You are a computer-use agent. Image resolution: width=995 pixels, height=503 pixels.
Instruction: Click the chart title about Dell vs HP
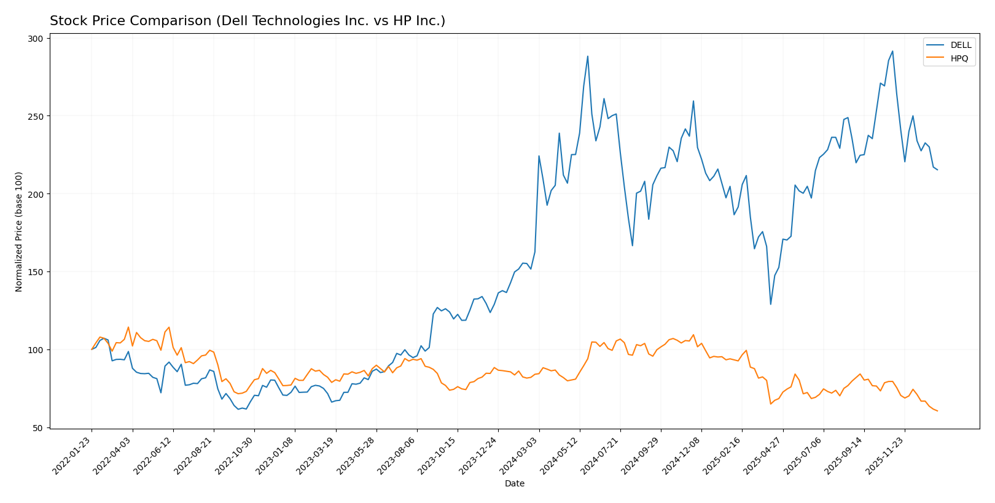(247, 21)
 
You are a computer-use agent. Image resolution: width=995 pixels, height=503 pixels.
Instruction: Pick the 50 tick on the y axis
(39, 428)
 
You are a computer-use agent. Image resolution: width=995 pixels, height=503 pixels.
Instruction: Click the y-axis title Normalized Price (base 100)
(19, 232)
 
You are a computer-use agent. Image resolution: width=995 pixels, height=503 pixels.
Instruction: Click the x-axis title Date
(514, 484)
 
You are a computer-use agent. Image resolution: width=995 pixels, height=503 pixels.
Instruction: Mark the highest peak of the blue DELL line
(892, 51)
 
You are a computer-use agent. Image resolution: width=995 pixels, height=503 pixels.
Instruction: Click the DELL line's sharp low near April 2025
(771, 304)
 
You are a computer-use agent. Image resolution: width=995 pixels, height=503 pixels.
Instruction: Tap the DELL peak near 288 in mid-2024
(588, 56)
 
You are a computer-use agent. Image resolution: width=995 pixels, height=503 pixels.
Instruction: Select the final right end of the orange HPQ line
(937, 411)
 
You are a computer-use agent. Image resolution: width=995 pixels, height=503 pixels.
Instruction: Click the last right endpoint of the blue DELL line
(937, 170)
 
